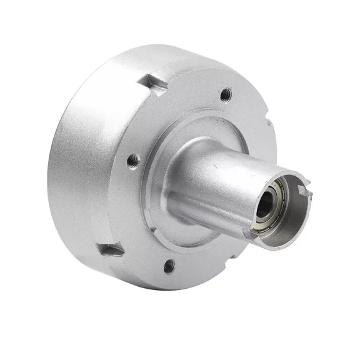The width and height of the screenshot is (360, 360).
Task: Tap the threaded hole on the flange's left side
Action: point(132,161)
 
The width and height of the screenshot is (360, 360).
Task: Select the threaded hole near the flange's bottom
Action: point(168,267)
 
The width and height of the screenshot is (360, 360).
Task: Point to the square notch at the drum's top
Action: point(151,82)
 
